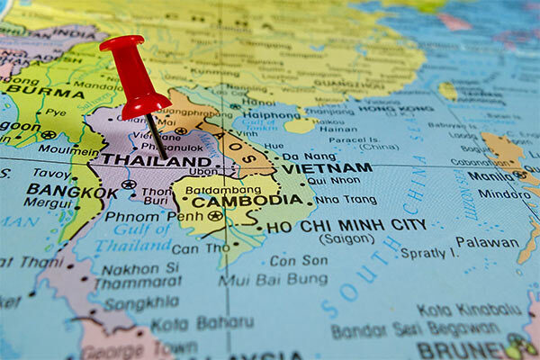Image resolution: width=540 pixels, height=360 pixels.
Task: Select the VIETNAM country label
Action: pos(326,168)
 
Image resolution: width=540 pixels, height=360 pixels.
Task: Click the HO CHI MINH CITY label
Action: pos(346,227)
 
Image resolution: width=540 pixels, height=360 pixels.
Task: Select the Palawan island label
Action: pos(487,242)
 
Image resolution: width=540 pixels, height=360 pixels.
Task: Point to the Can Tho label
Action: pos(199,248)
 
